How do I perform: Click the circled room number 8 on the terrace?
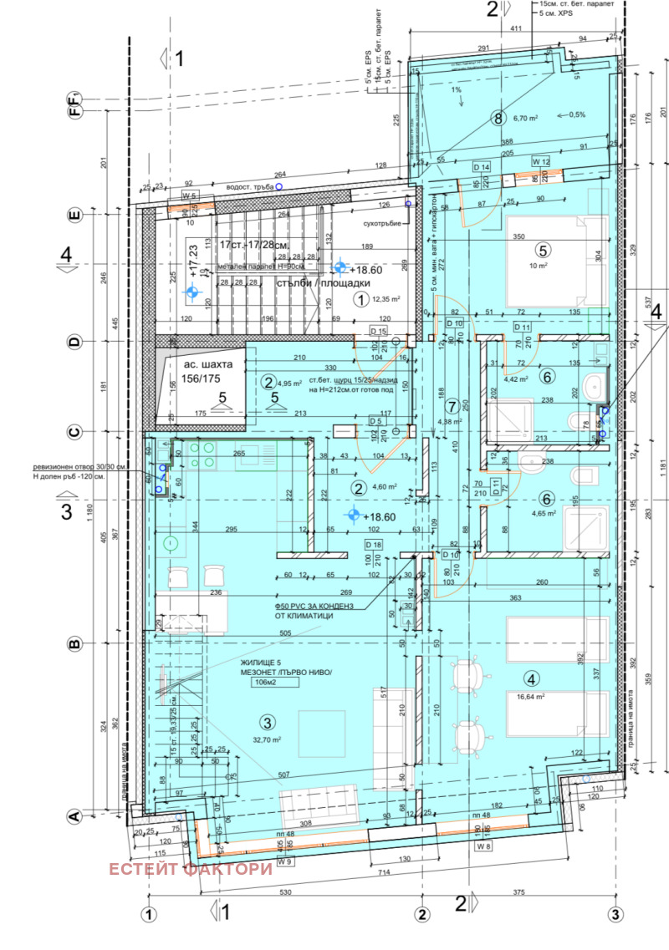pos(499,118)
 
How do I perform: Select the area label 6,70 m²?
pos(529,118)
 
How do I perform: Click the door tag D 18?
pos(373,545)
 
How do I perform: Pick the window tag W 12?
pos(541,160)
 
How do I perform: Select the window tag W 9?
pos(285,861)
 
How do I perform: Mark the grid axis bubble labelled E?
pos(74,215)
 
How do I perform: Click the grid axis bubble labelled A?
pos(74,816)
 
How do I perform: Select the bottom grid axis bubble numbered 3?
pos(615,912)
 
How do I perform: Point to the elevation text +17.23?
pos(195,261)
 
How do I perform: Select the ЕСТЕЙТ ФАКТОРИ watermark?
pos(191,869)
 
